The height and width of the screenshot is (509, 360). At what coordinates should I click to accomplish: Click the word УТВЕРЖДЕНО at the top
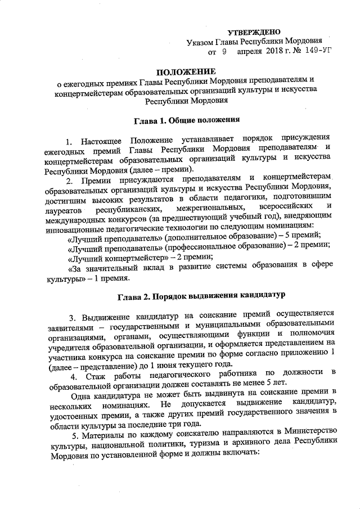[257, 31]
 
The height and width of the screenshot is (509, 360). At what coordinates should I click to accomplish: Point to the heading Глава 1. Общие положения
[187, 119]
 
